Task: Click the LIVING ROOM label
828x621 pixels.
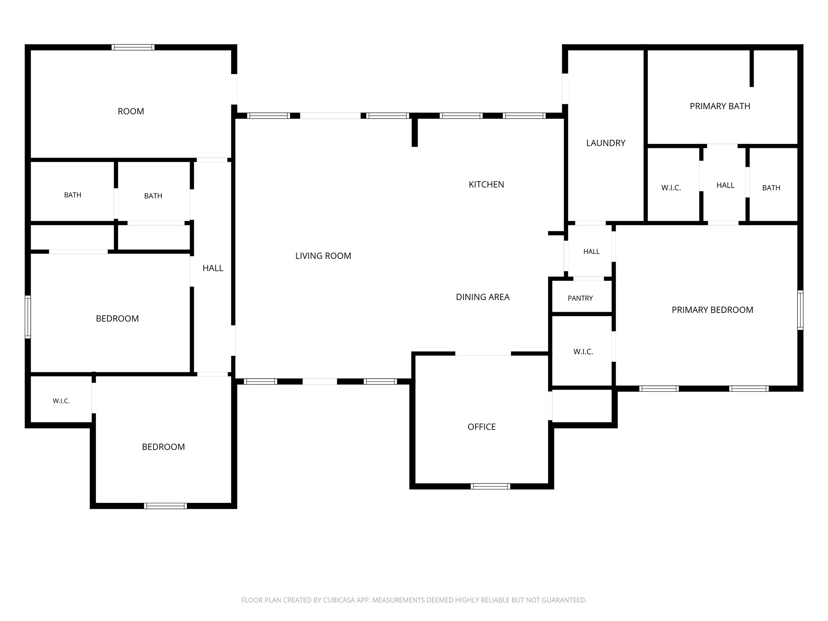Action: click(x=323, y=256)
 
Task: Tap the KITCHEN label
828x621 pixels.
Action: click(x=486, y=185)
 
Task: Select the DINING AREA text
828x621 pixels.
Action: click(x=483, y=297)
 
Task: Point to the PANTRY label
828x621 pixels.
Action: click(x=580, y=298)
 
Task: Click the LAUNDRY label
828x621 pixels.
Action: click(x=606, y=143)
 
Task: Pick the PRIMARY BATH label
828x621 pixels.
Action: click(x=720, y=106)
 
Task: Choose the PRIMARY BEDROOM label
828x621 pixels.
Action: click(x=712, y=310)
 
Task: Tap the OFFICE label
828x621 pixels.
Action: click(x=482, y=427)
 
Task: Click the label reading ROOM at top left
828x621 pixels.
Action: click(x=131, y=112)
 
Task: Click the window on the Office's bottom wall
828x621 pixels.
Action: click(x=490, y=486)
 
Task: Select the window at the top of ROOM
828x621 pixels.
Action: click(x=133, y=47)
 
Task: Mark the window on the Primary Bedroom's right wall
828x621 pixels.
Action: click(x=800, y=310)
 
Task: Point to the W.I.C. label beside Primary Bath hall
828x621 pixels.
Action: click(x=671, y=188)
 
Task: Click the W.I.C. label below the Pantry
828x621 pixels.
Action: click(x=583, y=352)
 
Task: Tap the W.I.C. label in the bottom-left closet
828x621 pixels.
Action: click(x=61, y=401)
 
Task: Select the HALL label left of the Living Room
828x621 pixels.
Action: click(x=213, y=268)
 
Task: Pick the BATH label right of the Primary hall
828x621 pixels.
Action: click(x=771, y=188)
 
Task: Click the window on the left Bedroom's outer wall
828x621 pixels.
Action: click(x=28, y=317)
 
